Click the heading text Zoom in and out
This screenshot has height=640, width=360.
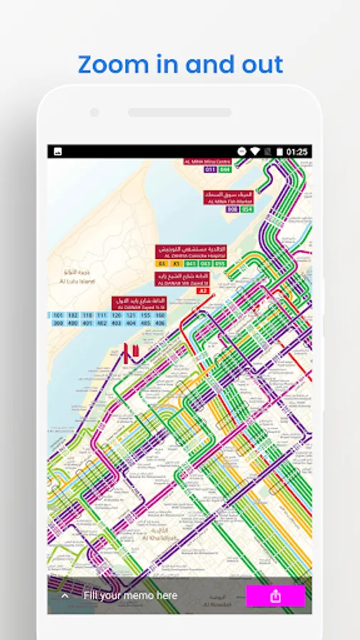click(180, 64)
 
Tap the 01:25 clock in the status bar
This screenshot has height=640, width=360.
click(297, 151)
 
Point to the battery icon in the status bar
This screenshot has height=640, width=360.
click(280, 151)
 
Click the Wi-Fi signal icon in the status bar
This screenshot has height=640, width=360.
click(255, 151)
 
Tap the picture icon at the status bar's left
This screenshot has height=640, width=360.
click(58, 151)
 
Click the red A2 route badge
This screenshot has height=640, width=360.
click(203, 291)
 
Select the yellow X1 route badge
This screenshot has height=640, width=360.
click(176, 264)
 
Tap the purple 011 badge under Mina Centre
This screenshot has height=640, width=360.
click(210, 170)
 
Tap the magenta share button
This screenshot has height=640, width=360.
click(275, 596)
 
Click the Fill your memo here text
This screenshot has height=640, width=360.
click(130, 595)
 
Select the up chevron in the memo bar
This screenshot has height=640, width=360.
click(65, 596)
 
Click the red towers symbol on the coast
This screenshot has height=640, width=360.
click(129, 352)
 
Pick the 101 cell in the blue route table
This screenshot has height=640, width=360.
click(58, 314)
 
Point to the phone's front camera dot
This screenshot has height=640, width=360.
click(94, 112)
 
